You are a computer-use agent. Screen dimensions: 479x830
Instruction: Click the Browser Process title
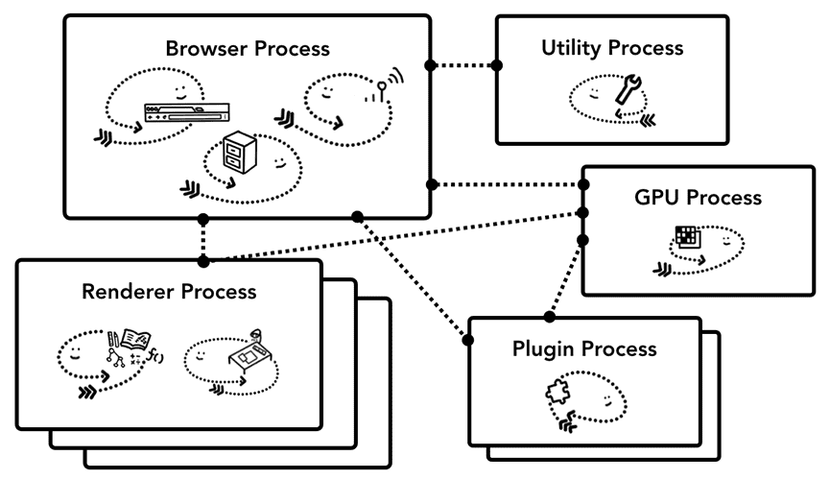point(247,47)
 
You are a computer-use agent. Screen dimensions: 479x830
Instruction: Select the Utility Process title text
point(612,47)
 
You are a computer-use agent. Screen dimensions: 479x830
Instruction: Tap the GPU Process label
point(698,198)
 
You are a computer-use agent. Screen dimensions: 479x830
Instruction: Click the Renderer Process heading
point(169,291)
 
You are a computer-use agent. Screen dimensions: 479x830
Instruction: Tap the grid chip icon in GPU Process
point(686,237)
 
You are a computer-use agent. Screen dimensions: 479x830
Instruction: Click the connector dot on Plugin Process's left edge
point(470,340)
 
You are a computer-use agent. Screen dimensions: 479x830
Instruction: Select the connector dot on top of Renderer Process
point(202,260)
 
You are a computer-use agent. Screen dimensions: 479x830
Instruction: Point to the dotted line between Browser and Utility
point(463,65)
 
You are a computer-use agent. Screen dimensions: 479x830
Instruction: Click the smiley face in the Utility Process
point(594,92)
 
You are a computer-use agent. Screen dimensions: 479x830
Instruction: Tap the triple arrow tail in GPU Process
point(662,270)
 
